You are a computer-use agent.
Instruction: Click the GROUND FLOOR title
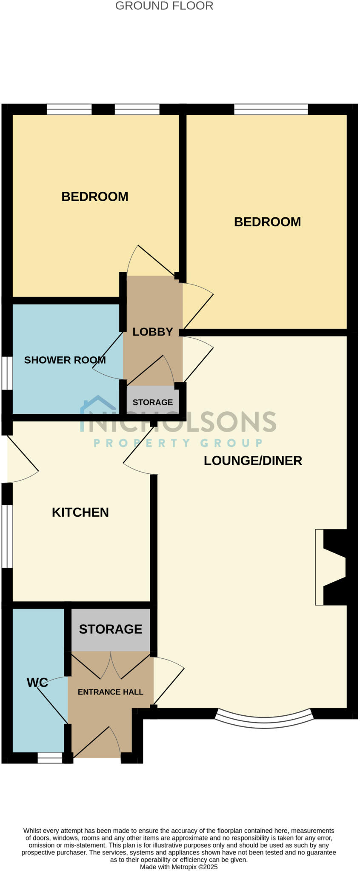point(164,6)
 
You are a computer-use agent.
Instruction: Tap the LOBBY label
point(152,332)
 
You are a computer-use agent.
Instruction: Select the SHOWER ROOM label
point(65,360)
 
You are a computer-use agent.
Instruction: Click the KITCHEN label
point(80,512)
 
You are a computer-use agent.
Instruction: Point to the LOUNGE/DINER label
point(253,461)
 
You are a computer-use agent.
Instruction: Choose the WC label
point(37,683)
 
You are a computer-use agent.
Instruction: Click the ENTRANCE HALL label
point(110,692)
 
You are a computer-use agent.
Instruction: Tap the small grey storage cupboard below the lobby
point(152,400)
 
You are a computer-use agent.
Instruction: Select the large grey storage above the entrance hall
point(111,629)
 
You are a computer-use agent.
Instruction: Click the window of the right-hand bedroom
point(271,109)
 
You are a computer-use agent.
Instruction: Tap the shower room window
point(7,373)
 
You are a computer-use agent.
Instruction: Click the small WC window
point(50,758)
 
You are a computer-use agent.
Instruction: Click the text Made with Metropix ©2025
point(179,866)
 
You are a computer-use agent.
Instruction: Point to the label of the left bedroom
point(94,196)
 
